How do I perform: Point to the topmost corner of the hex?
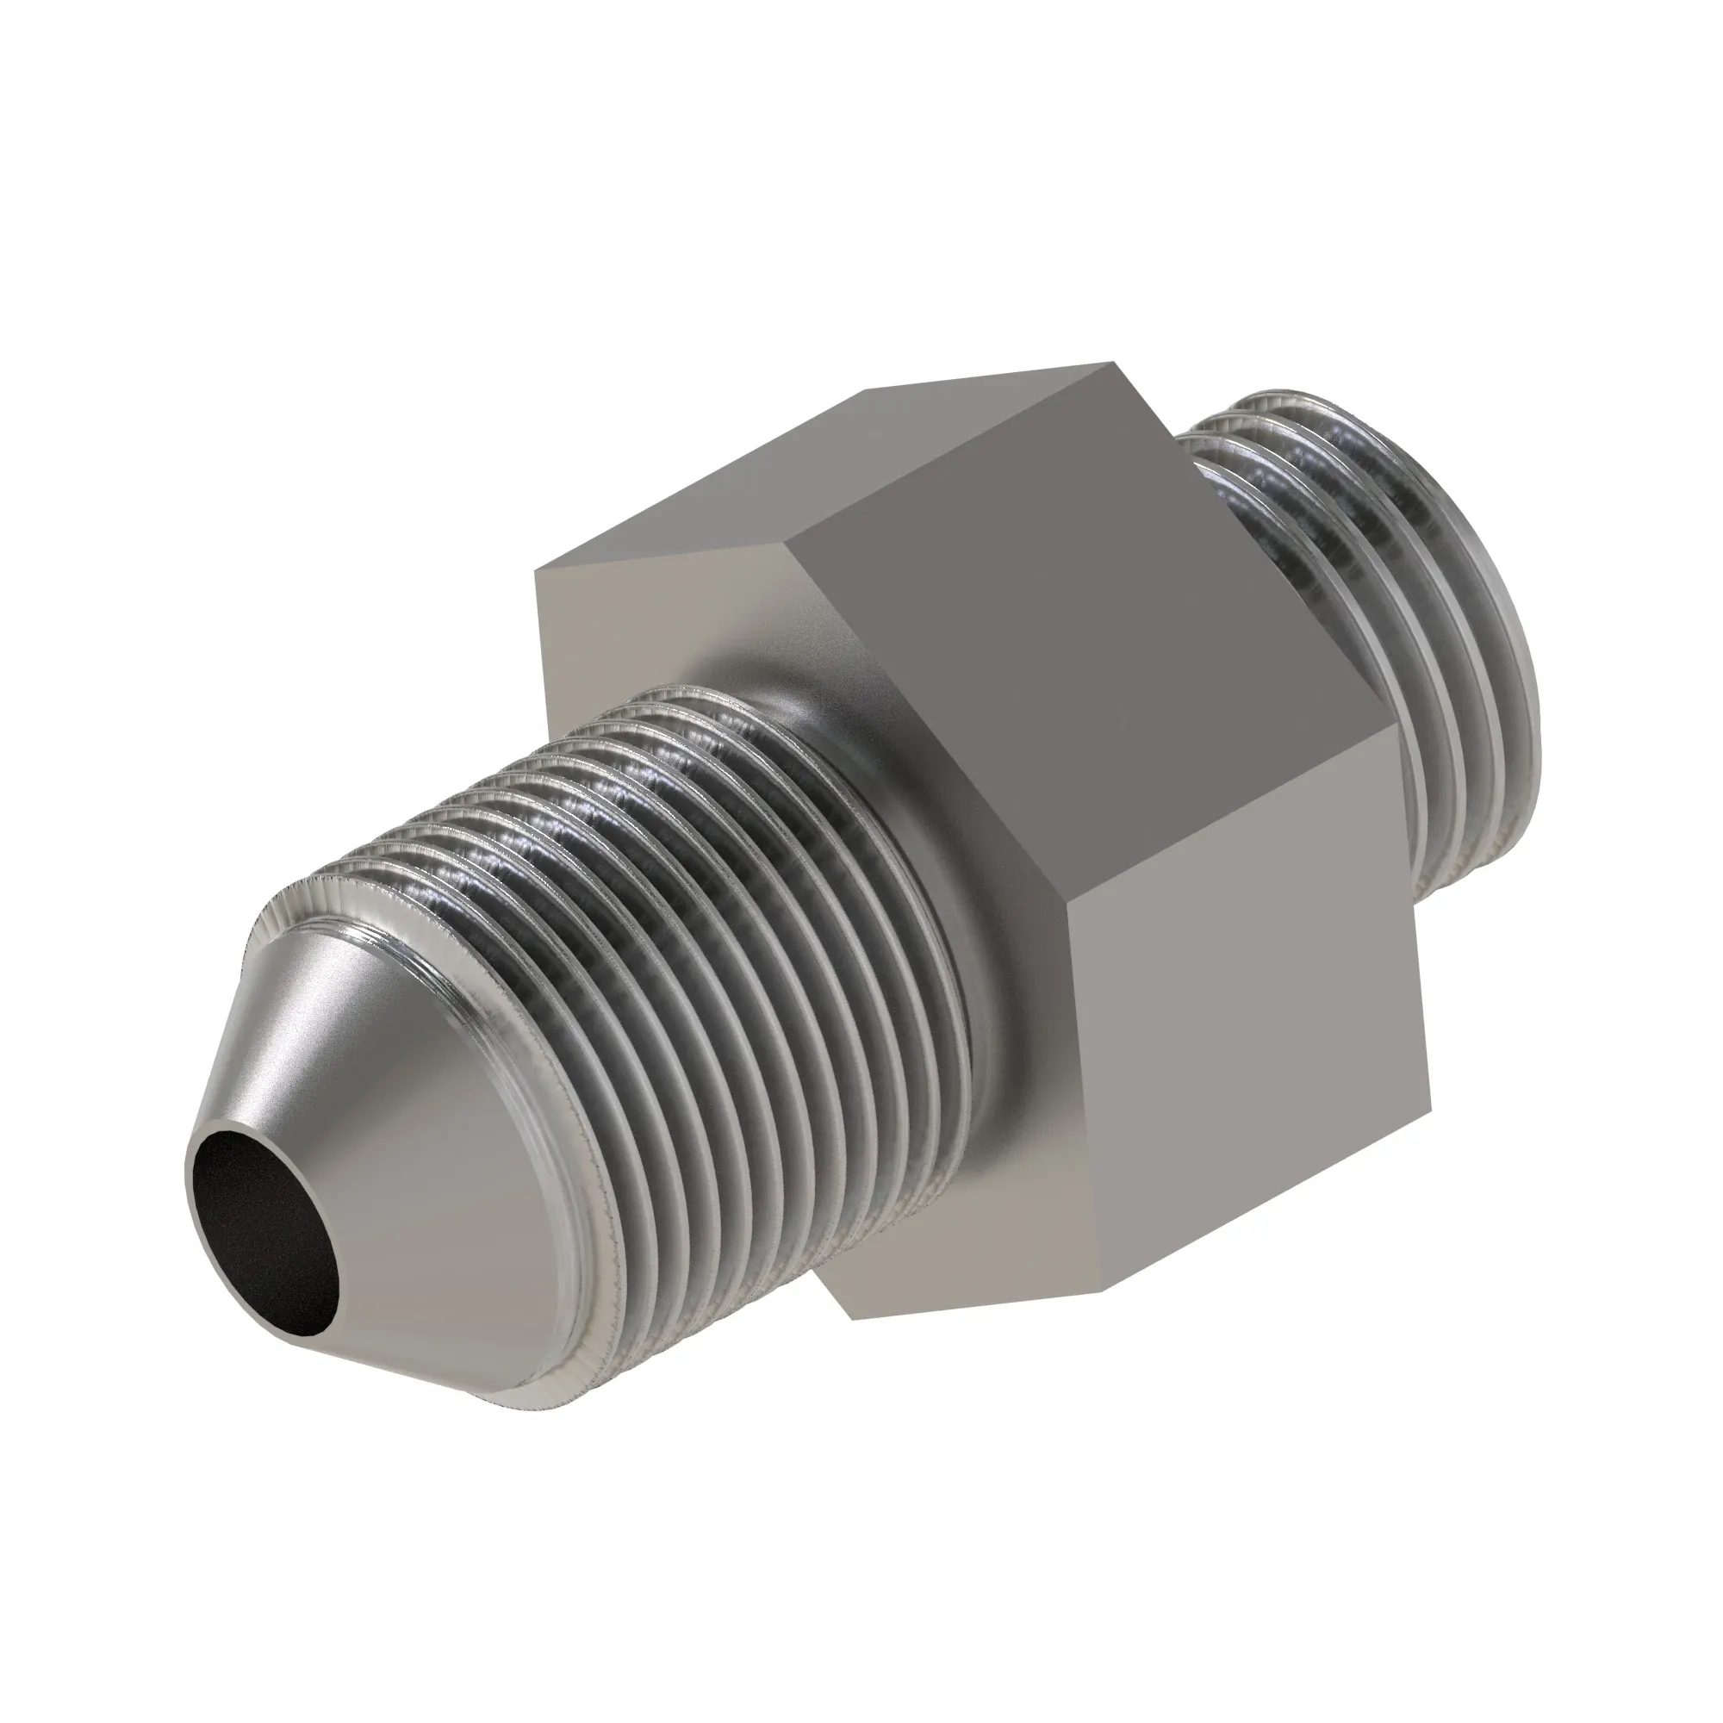pyautogui.click(x=1112, y=363)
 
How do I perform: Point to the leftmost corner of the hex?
pyautogui.click(x=535, y=571)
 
